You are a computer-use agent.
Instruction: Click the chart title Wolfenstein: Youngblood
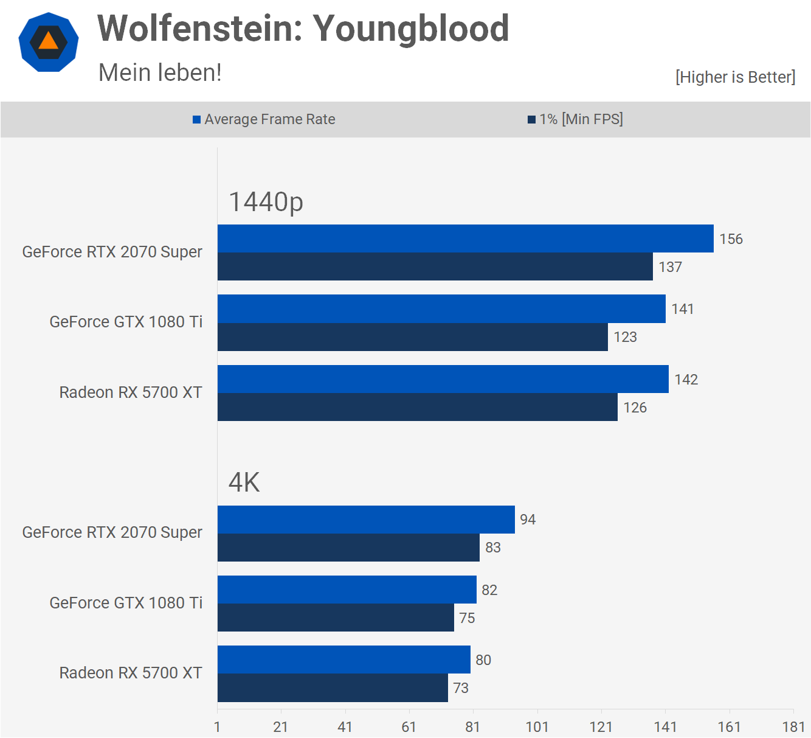click(x=303, y=29)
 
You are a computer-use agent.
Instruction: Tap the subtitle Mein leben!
click(x=160, y=72)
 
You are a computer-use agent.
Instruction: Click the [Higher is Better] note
click(x=735, y=77)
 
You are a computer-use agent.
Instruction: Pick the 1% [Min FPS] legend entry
click(x=575, y=119)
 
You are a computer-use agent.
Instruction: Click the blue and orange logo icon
click(x=49, y=42)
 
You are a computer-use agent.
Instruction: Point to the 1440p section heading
click(x=266, y=202)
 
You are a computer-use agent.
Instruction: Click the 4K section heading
click(x=244, y=482)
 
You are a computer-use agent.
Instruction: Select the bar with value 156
click(x=465, y=238)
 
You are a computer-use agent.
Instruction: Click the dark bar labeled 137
click(x=435, y=266)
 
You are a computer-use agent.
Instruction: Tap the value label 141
click(x=683, y=309)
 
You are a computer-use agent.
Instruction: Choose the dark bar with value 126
click(x=417, y=407)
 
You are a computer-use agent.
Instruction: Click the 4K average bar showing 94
click(x=366, y=520)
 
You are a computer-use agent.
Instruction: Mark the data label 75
click(x=467, y=618)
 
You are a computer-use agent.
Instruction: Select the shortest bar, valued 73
click(x=333, y=688)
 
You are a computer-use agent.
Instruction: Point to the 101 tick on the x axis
click(x=537, y=727)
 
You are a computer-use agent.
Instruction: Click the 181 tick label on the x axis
click(x=793, y=727)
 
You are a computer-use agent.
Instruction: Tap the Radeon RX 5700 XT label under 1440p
click(x=131, y=392)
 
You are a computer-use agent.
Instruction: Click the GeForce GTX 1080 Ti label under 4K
click(x=126, y=603)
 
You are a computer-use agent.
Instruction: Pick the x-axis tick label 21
click(x=281, y=727)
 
